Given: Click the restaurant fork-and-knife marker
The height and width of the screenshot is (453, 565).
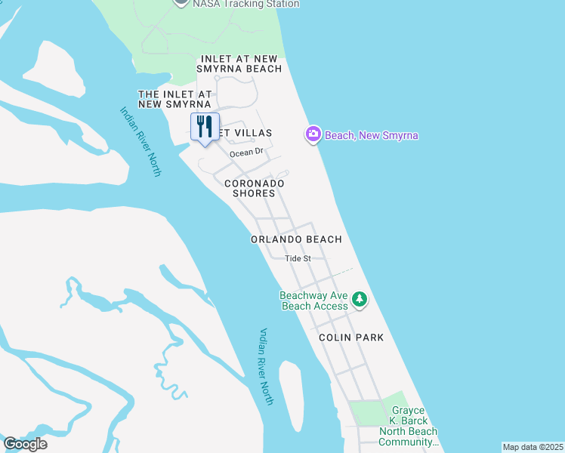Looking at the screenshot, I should pyautogui.click(x=204, y=128).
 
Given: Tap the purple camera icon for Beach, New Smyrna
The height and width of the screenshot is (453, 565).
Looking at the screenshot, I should pyautogui.click(x=313, y=134).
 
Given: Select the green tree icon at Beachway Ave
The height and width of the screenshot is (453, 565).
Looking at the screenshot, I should pyautogui.click(x=360, y=300).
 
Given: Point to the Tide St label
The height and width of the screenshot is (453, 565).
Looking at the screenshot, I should pyautogui.click(x=298, y=258).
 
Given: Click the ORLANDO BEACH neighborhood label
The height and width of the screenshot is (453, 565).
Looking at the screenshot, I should pyautogui.click(x=297, y=239).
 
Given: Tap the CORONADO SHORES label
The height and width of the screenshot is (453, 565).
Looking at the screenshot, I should pyautogui.click(x=254, y=188).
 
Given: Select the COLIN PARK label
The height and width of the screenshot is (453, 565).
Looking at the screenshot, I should pyautogui.click(x=350, y=337).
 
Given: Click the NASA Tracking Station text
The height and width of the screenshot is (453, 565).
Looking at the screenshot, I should pyautogui.click(x=245, y=4).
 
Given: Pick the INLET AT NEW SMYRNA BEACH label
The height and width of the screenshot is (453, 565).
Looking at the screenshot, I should pyautogui.click(x=241, y=63).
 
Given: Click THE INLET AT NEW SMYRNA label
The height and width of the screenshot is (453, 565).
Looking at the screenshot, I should pyautogui.click(x=174, y=99).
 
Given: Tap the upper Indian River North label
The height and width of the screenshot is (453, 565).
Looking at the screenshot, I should pyautogui.click(x=140, y=141).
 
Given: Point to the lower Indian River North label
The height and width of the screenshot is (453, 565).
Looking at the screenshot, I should pyautogui.click(x=266, y=366).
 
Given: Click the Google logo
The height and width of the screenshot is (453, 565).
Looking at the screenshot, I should pyautogui.click(x=25, y=444).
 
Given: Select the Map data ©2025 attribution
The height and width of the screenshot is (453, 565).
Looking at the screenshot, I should pyautogui.click(x=533, y=446).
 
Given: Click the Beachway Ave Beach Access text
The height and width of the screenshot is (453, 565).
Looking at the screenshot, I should pyautogui.click(x=314, y=300).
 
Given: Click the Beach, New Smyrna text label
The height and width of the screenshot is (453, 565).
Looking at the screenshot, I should pyautogui.click(x=372, y=135).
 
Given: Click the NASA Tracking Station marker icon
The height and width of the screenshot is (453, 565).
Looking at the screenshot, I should pyautogui.click(x=181, y=2).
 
